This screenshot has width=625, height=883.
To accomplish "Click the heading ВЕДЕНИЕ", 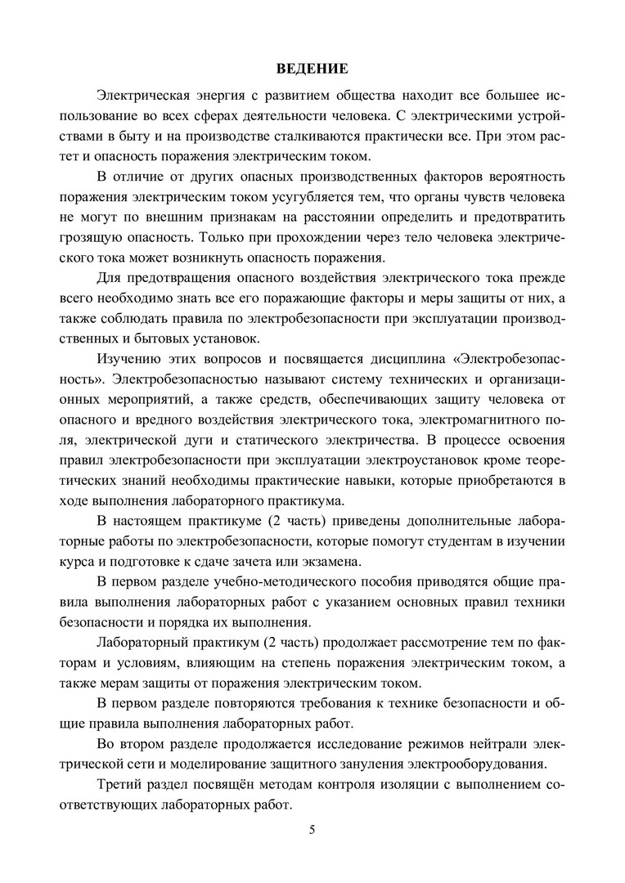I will (x=312, y=68).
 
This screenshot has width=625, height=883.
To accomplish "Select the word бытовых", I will (x=190, y=337).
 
